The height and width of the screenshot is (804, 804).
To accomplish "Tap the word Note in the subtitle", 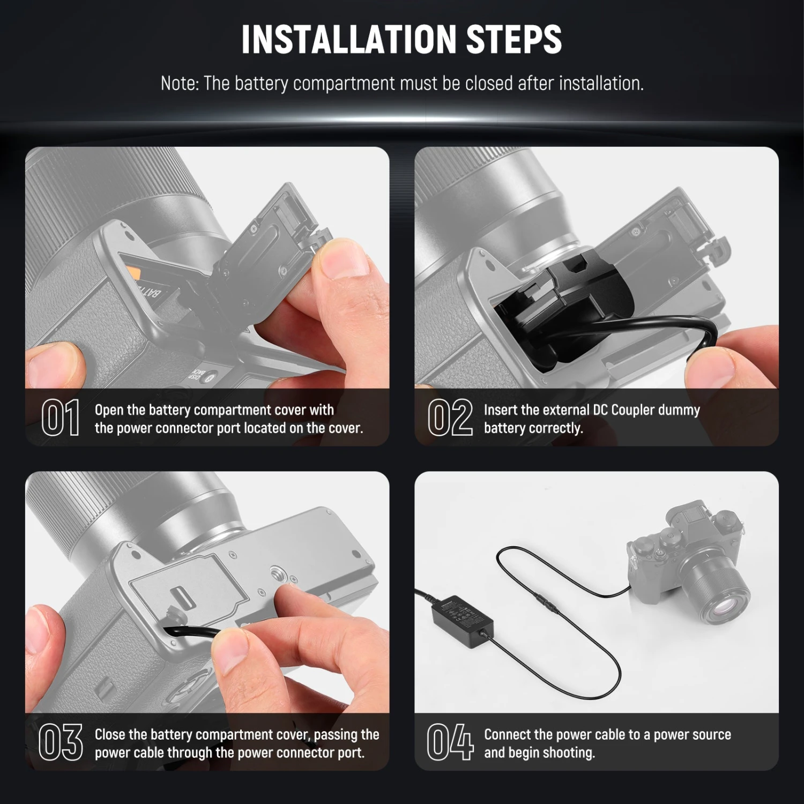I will (180, 84).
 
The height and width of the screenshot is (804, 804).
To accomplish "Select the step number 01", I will (61, 418).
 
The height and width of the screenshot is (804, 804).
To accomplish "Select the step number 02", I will (450, 418).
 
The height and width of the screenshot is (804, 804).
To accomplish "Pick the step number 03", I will (61, 742).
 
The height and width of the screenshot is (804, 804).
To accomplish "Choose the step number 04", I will (450, 742).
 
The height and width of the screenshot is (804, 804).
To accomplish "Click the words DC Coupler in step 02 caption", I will (622, 410).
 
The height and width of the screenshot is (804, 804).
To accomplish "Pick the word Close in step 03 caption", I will (110, 735).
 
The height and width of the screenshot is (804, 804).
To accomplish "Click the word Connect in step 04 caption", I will (508, 735).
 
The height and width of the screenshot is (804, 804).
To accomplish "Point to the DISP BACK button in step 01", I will (198, 375).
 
